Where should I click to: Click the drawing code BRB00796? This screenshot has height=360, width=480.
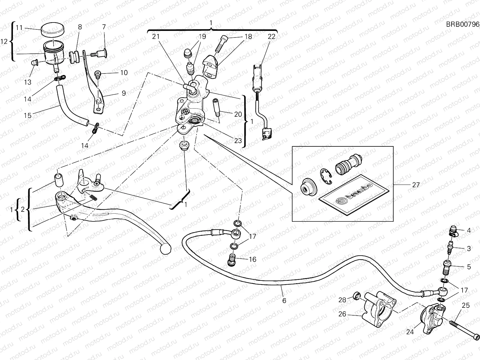pyautogui.click(x=463, y=24)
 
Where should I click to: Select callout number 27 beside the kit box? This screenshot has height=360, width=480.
pyautogui.click(x=416, y=185)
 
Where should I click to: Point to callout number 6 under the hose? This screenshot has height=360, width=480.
pyautogui.click(x=284, y=301)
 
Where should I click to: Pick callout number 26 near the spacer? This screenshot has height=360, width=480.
pyautogui.click(x=342, y=314)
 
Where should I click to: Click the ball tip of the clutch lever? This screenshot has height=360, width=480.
pyautogui.click(x=166, y=249)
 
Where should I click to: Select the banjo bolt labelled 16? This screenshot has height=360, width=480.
pyautogui.click(x=232, y=260)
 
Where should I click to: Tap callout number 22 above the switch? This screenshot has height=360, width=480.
pyautogui.click(x=271, y=37)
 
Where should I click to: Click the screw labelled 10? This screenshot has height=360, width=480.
pyautogui.click(x=98, y=74)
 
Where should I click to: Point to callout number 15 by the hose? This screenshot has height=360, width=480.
pyautogui.click(x=28, y=115)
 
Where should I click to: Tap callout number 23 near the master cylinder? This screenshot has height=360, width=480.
pyautogui.click(x=238, y=140)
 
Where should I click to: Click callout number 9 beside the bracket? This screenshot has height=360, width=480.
pyautogui.click(x=124, y=93)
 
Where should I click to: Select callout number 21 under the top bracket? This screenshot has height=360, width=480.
pyautogui.click(x=156, y=37)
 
